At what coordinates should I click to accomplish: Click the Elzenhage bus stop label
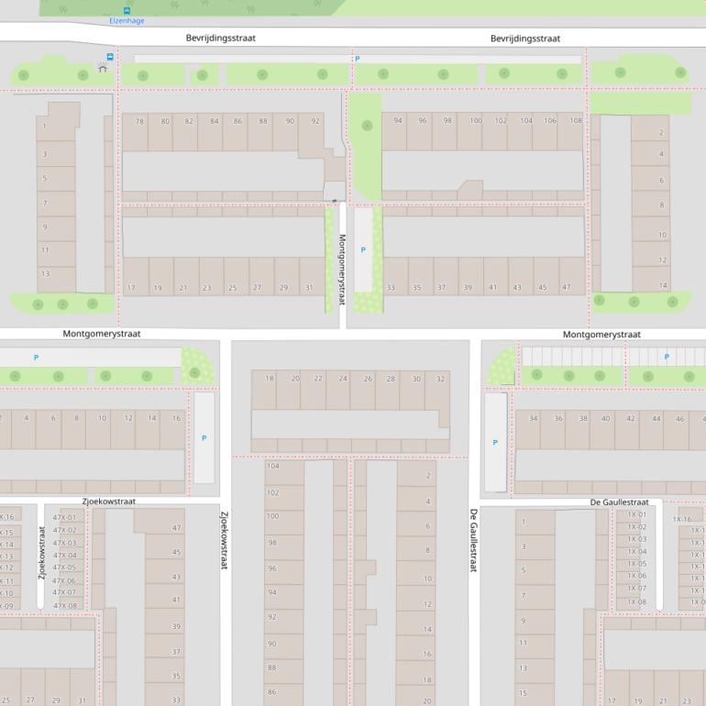click(127, 20)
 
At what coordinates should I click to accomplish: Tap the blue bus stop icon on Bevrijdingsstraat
click(110, 57)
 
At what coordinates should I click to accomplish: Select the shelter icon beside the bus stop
click(102, 68)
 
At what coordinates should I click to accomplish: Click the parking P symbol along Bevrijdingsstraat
click(358, 59)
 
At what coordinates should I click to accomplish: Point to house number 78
click(139, 121)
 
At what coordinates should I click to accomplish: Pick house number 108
click(576, 121)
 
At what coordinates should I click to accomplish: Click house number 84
click(215, 121)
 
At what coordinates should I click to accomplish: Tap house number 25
click(232, 288)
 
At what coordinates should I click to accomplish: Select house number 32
click(441, 379)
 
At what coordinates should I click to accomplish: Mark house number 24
click(343, 379)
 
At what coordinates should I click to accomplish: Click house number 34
click(533, 419)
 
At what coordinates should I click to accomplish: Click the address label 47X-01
click(65, 517)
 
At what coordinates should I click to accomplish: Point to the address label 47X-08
click(65, 605)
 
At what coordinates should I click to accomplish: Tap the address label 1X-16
click(682, 519)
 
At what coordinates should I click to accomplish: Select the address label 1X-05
click(636, 564)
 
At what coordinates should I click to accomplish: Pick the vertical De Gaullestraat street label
click(474, 540)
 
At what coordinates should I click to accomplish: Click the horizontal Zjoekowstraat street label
click(108, 502)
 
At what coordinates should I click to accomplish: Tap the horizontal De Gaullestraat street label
click(619, 502)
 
